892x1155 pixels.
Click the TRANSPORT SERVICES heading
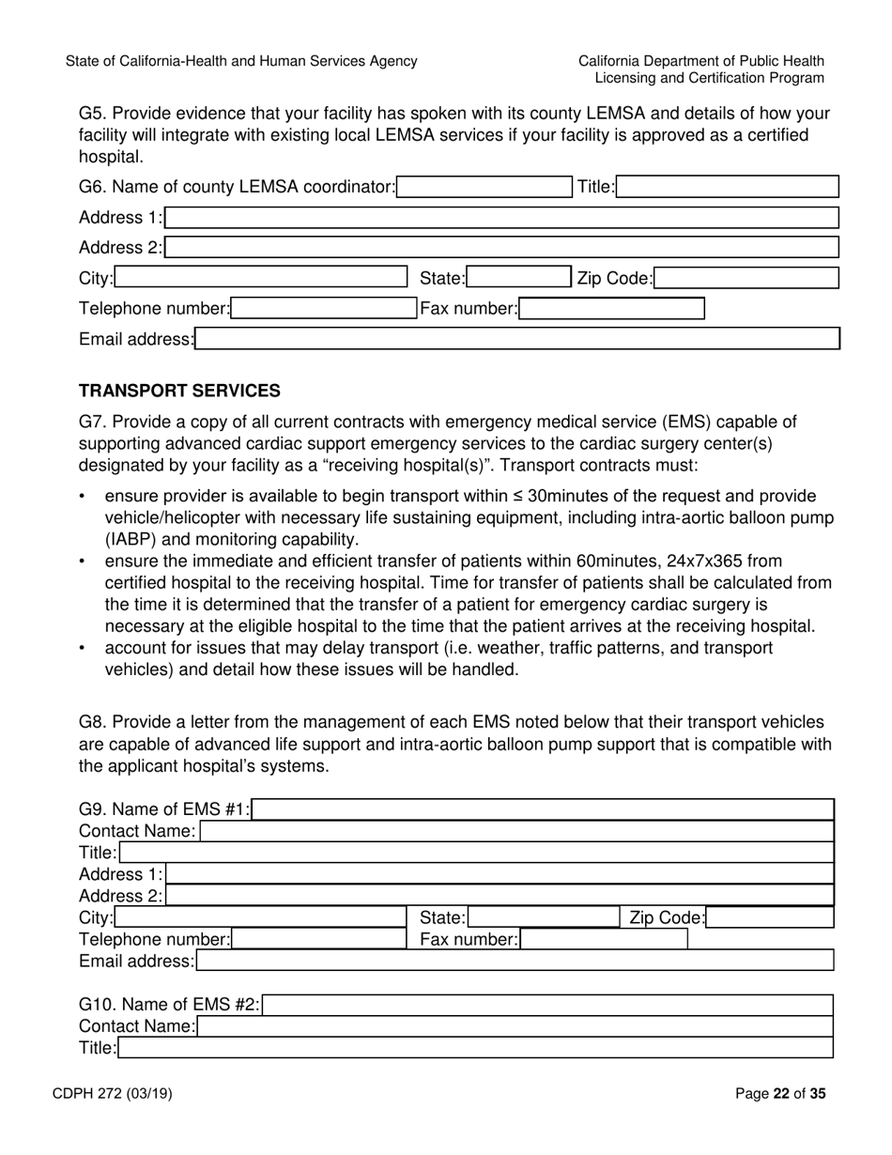(x=179, y=391)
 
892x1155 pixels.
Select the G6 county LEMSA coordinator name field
(x=484, y=187)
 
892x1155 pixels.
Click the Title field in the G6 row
(x=728, y=187)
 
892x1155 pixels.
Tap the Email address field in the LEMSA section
(x=516, y=339)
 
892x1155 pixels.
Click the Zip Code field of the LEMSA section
(x=746, y=278)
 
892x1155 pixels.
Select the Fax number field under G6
(x=611, y=309)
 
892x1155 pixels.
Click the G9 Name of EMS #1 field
(x=544, y=809)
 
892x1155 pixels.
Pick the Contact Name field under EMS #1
(x=516, y=831)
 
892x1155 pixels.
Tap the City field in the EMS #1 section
(x=259, y=917)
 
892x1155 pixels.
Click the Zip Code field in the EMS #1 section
(x=770, y=917)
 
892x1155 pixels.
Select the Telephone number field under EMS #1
(x=318, y=939)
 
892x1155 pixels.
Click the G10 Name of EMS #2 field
(x=548, y=1006)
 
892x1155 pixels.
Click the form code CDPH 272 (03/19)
(x=118, y=1093)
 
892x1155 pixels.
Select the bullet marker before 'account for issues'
(x=83, y=649)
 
